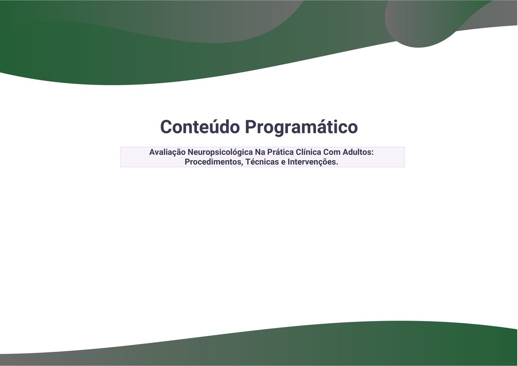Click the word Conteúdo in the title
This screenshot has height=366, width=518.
(200, 127)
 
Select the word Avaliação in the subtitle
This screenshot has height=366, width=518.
(167, 152)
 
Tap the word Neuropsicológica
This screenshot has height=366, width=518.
(220, 152)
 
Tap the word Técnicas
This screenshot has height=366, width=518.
(262, 162)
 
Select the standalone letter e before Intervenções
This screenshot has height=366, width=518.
(283, 163)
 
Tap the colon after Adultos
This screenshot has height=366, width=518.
(373, 153)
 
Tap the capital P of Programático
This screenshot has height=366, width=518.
(251, 127)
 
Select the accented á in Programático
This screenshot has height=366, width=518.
(322, 127)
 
